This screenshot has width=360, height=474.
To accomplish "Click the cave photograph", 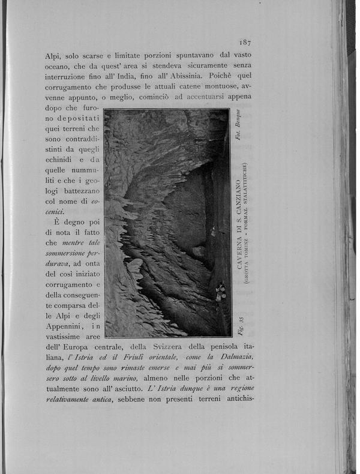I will point(166,223).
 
